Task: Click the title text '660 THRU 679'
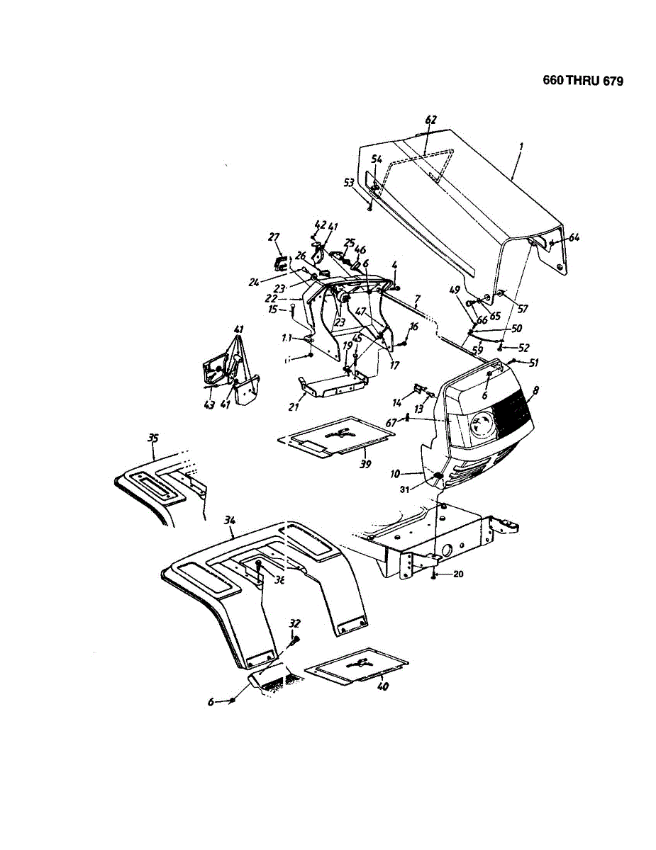pyautogui.click(x=574, y=81)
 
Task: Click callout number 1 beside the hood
pyautogui.click(x=521, y=147)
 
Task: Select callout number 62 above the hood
pyautogui.click(x=430, y=120)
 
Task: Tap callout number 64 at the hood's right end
pyautogui.click(x=574, y=237)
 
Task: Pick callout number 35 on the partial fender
pyautogui.click(x=152, y=438)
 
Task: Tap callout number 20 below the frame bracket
pyautogui.click(x=457, y=574)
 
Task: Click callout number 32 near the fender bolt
pyautogui.click(x=294, y=623)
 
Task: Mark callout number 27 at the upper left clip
pyautogui.click(x=274, y=237)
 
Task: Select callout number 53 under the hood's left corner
pyautogui.click(x=348, y=183)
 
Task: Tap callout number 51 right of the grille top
pyautogui.click(x=533, y=363)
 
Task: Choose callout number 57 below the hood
pyautogui.click(x=523, y=309)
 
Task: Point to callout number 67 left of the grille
pyautogui.click(x=390, y=422)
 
